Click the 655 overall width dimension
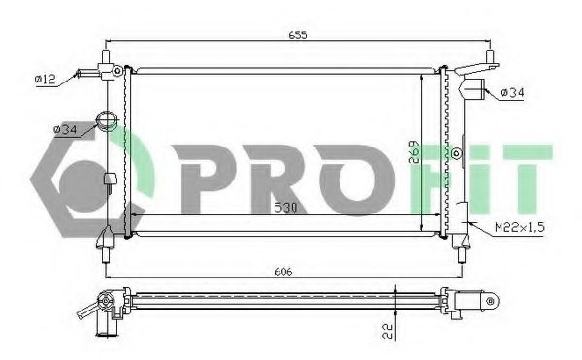pyautogui.click(x=298, y=35)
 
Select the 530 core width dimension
pyautogui.click(x=285, y=208)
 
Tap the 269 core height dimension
pyautogui.click(x=414, y=152)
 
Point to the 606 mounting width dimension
pyautogui.click(x=283, y=272)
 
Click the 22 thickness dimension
pyautogui.click(x=387, y=331)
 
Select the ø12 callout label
pyautogui.click(x=46, y=79)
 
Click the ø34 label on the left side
pyautogui.click(x=65, y=129)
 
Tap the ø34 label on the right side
pyautogui.click(x=512, y=92)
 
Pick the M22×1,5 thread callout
pyautogui.click(x=520, y=227)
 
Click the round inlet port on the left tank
pyautogui.click(x=107, y=120)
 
